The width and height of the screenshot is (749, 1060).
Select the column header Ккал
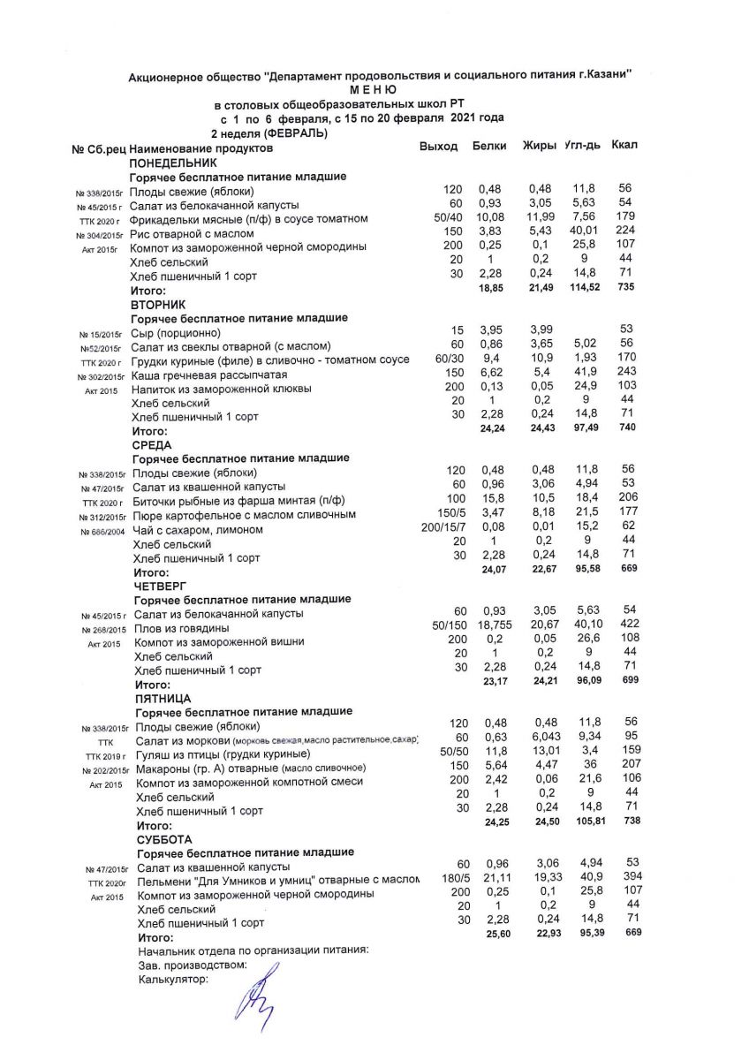point(624,144)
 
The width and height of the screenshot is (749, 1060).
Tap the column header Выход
point(438,146)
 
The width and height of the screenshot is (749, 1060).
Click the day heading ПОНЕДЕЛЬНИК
point(173,163)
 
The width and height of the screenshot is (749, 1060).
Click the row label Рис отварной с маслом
point(192,234)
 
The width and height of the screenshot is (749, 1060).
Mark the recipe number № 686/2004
point(101,532)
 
